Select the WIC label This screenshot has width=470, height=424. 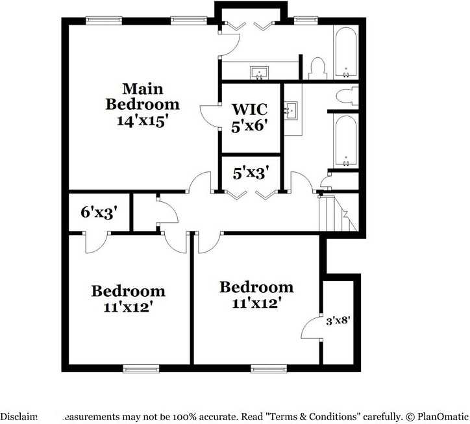coord(250,108)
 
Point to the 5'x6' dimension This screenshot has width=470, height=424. coord(250,126)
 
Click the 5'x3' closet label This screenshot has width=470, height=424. coord(251,173)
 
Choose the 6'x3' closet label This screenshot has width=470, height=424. coord(99,212)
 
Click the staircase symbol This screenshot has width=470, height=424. coord(336,214)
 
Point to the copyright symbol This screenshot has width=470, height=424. coord(409,416)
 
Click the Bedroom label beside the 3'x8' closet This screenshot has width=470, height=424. coord(256,287)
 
